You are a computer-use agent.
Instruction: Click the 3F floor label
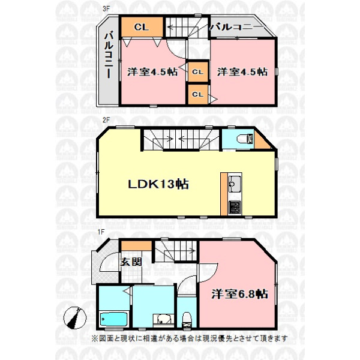point(106,9)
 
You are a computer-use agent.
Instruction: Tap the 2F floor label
point(106,120)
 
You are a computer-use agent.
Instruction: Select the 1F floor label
point(101,232)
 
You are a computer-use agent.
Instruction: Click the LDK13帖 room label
point(158,184)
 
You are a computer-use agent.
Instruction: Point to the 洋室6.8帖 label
point(239,294)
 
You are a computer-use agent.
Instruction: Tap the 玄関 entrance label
point(131,262)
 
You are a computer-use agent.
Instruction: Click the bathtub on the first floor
point(114,319)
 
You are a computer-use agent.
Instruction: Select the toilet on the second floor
point(245,139)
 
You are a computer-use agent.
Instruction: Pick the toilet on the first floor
point(187,320)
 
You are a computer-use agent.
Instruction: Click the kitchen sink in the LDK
point(235,184)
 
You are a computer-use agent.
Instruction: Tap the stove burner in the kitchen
point(235,207)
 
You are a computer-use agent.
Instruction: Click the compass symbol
point(75,318)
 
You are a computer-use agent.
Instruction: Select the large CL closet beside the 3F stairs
point(142,27)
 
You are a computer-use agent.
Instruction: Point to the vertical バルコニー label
point(109,55)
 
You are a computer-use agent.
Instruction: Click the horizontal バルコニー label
point(236,27)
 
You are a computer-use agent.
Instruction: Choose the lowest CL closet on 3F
point(197,94)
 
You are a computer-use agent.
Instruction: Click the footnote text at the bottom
point(190,338)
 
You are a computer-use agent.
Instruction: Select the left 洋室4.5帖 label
point(152,72)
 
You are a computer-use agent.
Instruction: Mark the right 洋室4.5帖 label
point(242,71)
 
